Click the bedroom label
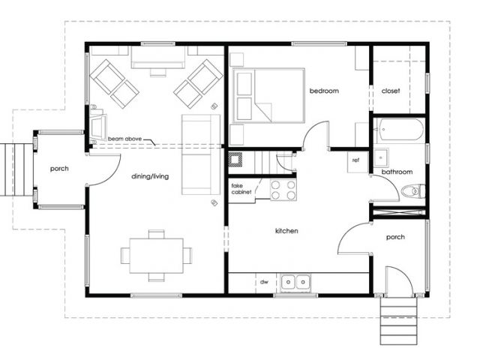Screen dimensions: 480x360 click(324, 91)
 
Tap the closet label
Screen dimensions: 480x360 click(391, 91)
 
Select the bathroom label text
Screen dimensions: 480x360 click(397, 172)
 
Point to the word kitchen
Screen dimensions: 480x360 click(286, 231)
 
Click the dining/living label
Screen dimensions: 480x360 click(150, 176)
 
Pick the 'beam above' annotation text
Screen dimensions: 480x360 click(125, 139)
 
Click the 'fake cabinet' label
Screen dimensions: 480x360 click(241, 189)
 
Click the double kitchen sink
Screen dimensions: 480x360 click(295, 282)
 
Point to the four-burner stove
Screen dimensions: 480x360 click(283, 190)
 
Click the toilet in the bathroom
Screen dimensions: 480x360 click(413, 191)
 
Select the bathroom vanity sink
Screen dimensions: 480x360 click(381, 157)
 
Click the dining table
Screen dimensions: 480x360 click(157, 256)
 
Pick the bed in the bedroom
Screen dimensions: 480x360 click(268, 95)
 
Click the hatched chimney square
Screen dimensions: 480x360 click(235, 160)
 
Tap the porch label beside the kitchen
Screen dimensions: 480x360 click(395, 237)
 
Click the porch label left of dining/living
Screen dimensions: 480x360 click(59, 169)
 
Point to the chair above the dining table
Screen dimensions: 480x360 click(157, 234)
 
